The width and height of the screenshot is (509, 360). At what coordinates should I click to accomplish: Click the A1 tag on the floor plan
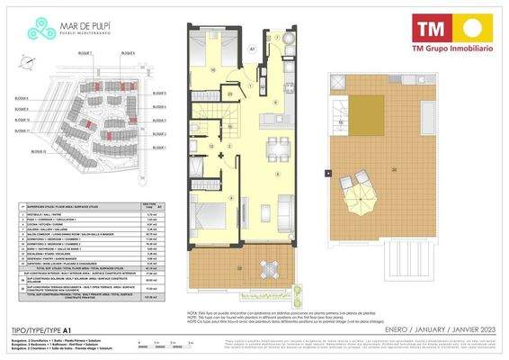252,49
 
